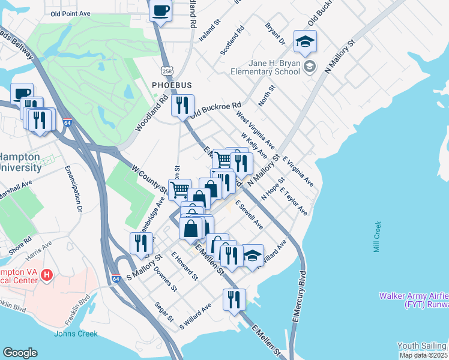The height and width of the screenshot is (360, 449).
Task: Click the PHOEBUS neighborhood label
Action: [x=171, y=86]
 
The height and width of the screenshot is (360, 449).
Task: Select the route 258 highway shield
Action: [x=167, y=70]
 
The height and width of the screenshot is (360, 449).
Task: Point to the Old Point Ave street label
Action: [x=70, y=13]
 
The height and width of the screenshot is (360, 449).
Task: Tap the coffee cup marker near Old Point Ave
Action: [x=161, y=11]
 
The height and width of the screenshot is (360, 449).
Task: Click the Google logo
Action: [x=20, y=353]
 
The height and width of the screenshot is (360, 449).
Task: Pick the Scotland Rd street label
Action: [x=232, y=41]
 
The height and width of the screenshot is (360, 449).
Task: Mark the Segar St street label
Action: [x=164, y=311]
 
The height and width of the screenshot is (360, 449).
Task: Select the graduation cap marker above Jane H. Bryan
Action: [x=305, y=41]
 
